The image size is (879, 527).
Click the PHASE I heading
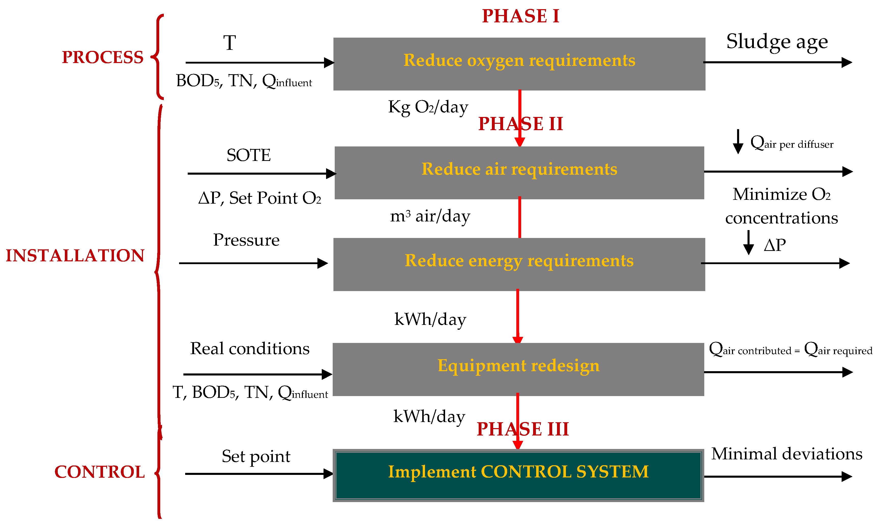(520, 16)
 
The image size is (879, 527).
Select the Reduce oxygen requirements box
(519, 64)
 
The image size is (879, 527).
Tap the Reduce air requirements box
(519, 173)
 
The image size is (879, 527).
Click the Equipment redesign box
(518, 369)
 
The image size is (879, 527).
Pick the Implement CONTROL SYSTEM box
(518, 475)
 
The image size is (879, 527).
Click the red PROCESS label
(103, 57)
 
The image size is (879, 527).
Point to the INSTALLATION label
(75, 256)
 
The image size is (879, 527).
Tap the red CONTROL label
(99, 472)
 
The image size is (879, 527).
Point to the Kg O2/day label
(428, 107)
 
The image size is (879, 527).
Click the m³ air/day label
(430, 216)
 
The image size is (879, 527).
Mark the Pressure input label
(246, 240)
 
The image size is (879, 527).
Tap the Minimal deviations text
(787, 454)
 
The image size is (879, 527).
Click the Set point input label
(256, 456)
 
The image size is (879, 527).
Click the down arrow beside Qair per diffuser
(738, 142)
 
